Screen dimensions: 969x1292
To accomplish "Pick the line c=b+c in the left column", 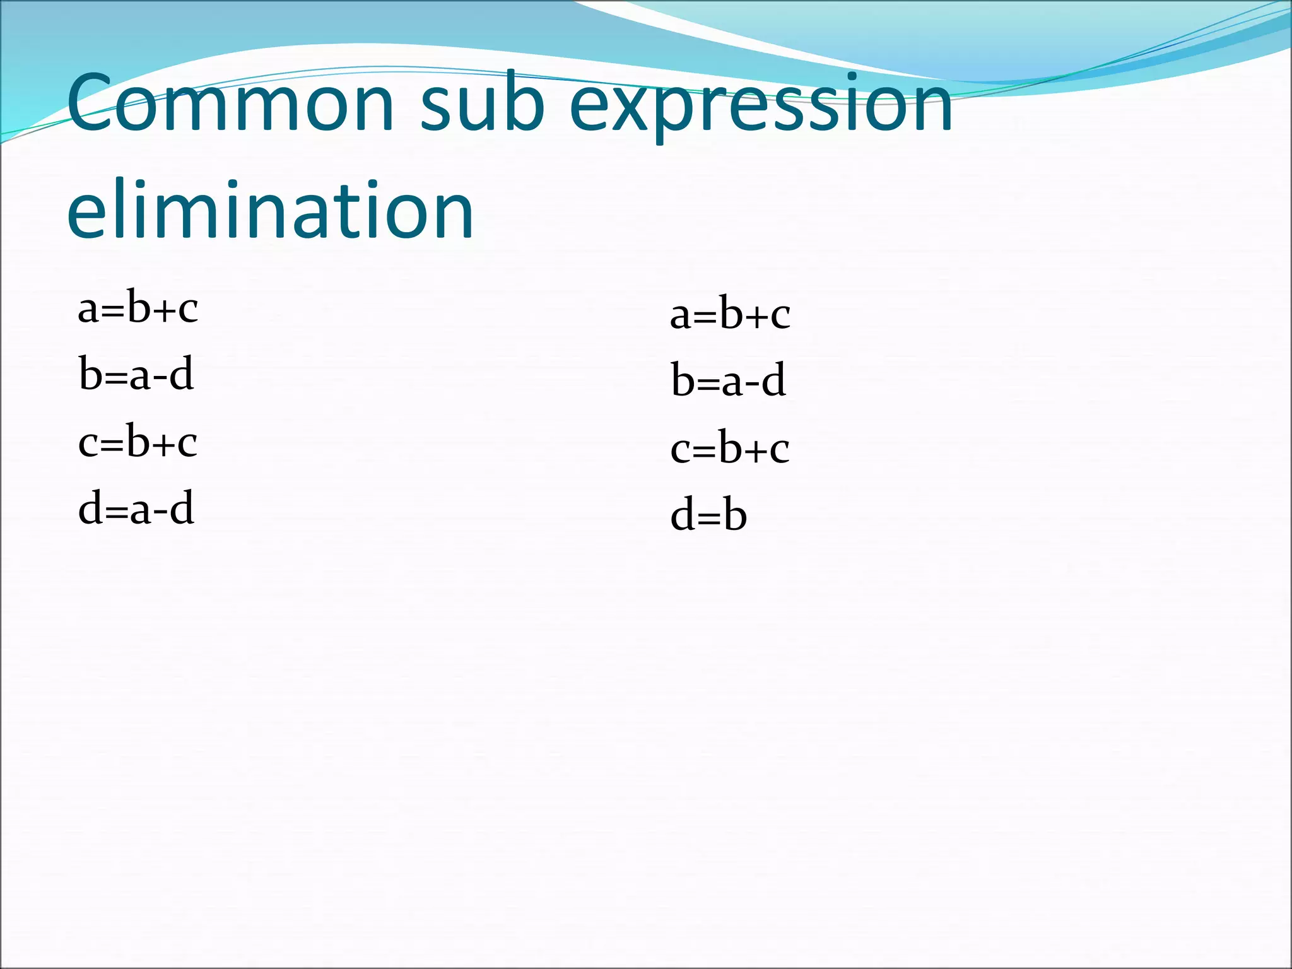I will [138, 441].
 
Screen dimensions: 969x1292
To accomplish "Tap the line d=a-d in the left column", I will [136, 508].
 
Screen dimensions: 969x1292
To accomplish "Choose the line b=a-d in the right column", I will [728, 381].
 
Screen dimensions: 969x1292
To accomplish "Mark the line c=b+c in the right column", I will [730, 448].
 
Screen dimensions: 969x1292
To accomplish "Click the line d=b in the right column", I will [708, 515].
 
